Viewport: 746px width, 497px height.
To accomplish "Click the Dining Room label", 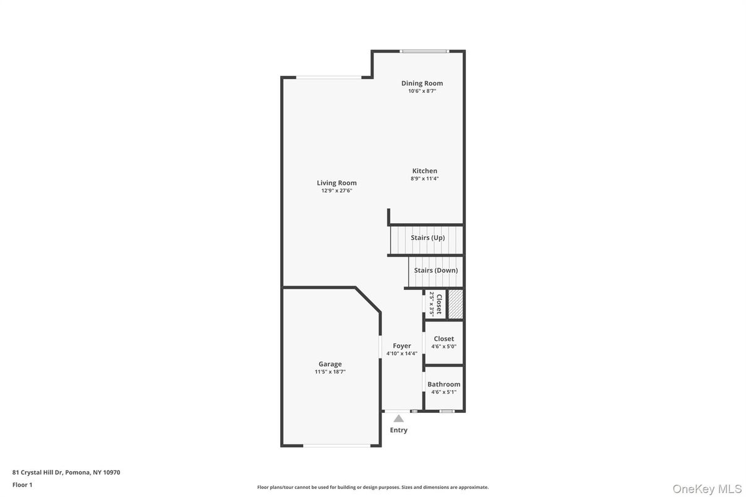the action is (x=422, y=83).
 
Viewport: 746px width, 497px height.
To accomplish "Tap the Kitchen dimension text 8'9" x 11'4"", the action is (x=424, y=179).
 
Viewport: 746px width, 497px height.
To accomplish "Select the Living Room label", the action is (x=337, y=183).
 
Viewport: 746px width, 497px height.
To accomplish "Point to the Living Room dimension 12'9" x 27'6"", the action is (x=337, y=191).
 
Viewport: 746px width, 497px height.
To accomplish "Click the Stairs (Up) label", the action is (x=427, y=237).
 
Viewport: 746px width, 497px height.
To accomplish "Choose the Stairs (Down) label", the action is (x=436, y=270).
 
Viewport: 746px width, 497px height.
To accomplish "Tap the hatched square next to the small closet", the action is (x=455, y=304).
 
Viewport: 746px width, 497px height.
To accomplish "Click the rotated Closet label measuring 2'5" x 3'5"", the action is (x=439, y=304).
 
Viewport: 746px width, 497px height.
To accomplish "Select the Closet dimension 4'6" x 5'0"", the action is (x=444, y=347).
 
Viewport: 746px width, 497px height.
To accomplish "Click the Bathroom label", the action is (x=444, y=384).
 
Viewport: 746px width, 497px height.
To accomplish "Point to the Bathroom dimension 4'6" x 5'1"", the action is (x=444, y=392).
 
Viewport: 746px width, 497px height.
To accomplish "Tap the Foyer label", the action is (x=401, y=346).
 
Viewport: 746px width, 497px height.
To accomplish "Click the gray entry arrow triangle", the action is (x=398, y=418).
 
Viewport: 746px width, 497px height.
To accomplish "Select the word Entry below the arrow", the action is (x=398, y=430).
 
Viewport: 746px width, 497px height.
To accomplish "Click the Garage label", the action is (x=330, y=364).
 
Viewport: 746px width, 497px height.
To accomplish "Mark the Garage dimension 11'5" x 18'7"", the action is (x=330, y=372).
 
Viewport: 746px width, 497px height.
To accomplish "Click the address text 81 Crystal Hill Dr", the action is (x=37, y=472).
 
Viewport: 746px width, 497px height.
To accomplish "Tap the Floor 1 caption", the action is (x=22, y=485).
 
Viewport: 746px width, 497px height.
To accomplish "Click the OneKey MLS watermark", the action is (x=707, y=489).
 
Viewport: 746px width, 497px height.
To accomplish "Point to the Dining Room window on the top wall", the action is (x=424, y=51).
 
